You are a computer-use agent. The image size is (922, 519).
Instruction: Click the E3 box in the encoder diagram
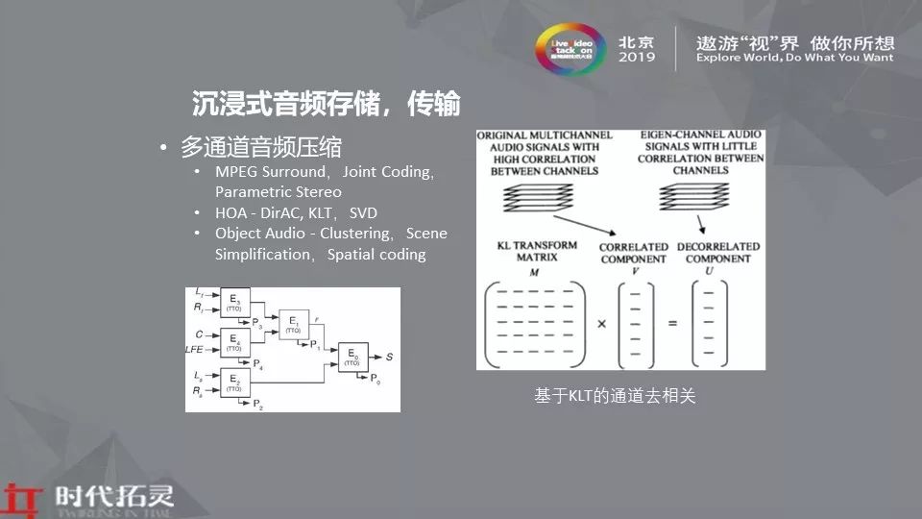(x=235, y=303)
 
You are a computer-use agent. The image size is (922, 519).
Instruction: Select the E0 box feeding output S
(x=352, y=358)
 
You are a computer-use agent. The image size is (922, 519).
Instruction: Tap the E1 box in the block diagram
(x=293, y=326)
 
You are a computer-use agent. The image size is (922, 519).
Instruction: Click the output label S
(x=389, y=357)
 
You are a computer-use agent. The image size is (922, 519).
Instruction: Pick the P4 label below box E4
(x=257, y=365)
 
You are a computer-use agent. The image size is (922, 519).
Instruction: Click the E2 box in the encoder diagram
(x=235, y=382)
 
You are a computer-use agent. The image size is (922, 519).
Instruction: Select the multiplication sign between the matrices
(x=601, y=323)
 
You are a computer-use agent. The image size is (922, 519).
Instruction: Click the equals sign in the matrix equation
(x=672, y=323)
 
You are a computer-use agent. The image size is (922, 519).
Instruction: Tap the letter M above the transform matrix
(x=533, y=272)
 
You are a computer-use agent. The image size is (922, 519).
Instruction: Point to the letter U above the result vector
(x=708, y=272)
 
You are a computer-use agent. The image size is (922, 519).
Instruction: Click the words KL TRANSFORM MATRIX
(x=534, y=251)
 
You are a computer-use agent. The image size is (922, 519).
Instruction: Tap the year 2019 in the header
(x=637, y=57)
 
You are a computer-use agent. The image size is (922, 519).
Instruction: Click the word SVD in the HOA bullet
(x=363, y=212)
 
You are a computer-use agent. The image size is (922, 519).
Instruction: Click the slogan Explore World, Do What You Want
(x=794, y=58)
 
